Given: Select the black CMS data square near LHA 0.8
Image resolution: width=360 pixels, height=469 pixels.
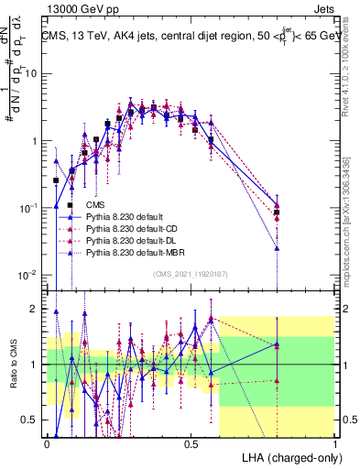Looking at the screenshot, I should (277, 212).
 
